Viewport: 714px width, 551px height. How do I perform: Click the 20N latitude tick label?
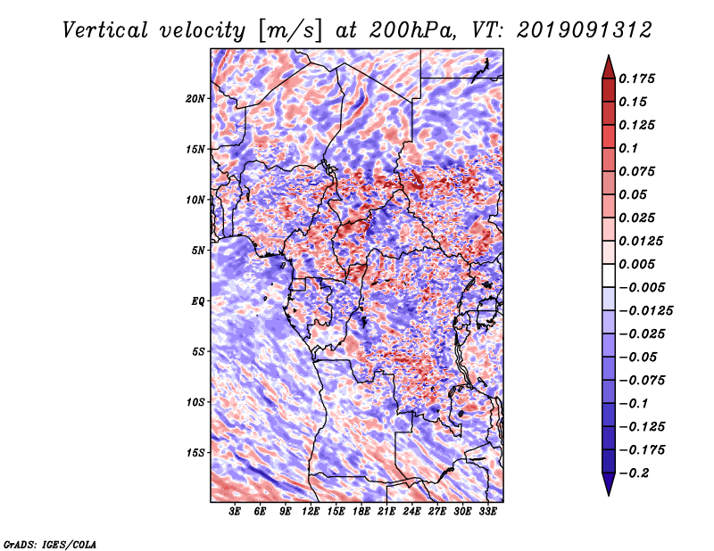pyautogui.click(x=195, y=99)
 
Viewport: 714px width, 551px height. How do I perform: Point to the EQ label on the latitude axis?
pyautogui.click(x=197, y=301)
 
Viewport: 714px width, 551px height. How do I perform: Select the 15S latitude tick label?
pyautogui.click(x=195, y=453)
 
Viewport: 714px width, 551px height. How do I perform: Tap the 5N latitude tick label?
pyautogui.click(x=198, y=251)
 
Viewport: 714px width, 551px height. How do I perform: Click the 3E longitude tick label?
pyautogui.click(x=235, y=512)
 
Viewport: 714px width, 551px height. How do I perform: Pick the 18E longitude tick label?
pyautogui.click(x=361, y=512)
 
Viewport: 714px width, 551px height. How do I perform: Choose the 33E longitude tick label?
pyautogui.click(x=487, y=512)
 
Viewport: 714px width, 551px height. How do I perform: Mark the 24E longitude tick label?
pyautogui.click(x=411, y=512)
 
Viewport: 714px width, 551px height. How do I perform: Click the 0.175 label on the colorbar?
pyautogui.click(x=636, y=78)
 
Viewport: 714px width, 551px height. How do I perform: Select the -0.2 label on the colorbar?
pyautogui.click(x=634, y=473)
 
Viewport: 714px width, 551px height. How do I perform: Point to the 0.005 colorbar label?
pyautogui.click(x=636, y=264)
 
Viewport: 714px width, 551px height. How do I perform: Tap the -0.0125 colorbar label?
pyautogui.click(x=645, y=311)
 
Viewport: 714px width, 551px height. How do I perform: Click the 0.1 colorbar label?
pyautogui.click(x=628, y=148)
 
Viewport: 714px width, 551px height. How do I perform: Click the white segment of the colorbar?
pyautogui.click(x=609, y=275)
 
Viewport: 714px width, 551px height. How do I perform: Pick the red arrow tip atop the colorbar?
pyautogui.click(x=609, y=56)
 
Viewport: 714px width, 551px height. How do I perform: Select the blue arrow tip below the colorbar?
pyautogui.click(x=609, y=494)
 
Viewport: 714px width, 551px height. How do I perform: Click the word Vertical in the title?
pyautogui.click(x=105, y=30)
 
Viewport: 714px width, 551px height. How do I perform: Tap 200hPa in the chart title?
pyautogui.click(x=412, y=30)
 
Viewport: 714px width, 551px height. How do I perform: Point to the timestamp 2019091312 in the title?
pyautogui.click(x=585, y=30)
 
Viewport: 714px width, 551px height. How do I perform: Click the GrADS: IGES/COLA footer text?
pyautogui.click(x=50, y=545)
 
